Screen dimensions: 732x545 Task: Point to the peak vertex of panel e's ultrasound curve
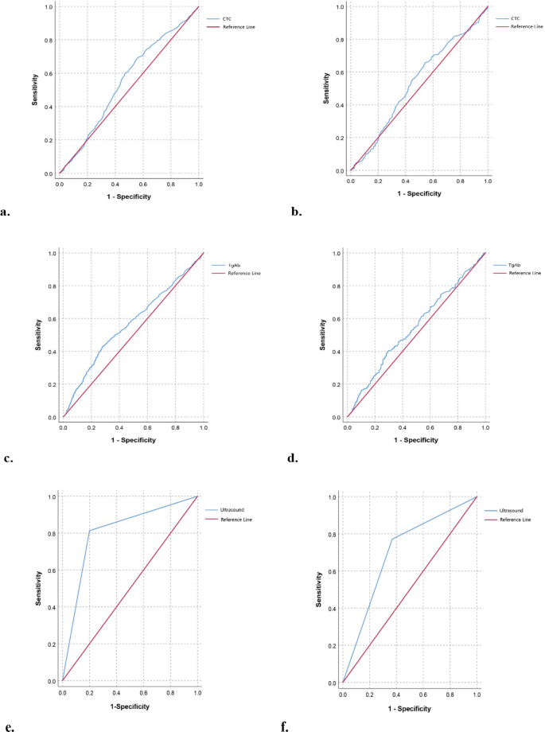coord(88,531)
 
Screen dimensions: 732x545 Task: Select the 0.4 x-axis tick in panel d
coord(402,426)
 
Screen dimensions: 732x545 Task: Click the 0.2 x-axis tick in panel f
coord(368,694)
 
